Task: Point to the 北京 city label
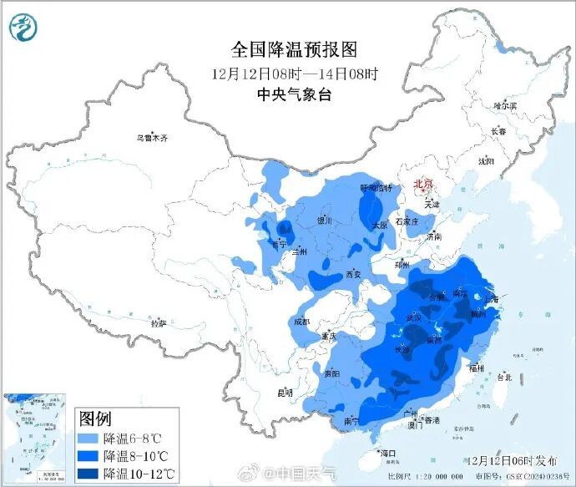coord(423,185)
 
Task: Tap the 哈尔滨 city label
coord(505,106)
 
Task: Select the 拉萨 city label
coord(158,322)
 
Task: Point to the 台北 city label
coord(504,377)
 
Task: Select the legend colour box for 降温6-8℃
coord(89,438)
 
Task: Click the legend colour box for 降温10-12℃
coord(89,474)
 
